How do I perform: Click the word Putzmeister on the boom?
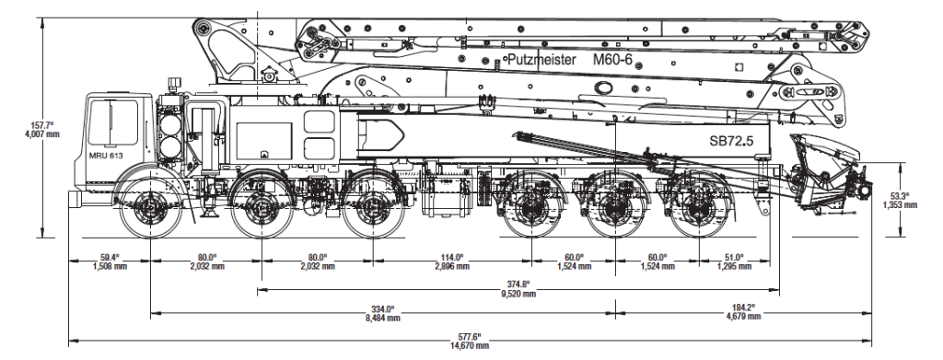point(541,60)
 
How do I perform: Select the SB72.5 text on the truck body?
point(732,143)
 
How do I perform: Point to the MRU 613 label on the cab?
point(105,157)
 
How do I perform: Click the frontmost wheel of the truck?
point(148,209)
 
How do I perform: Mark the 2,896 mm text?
point(451,267)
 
